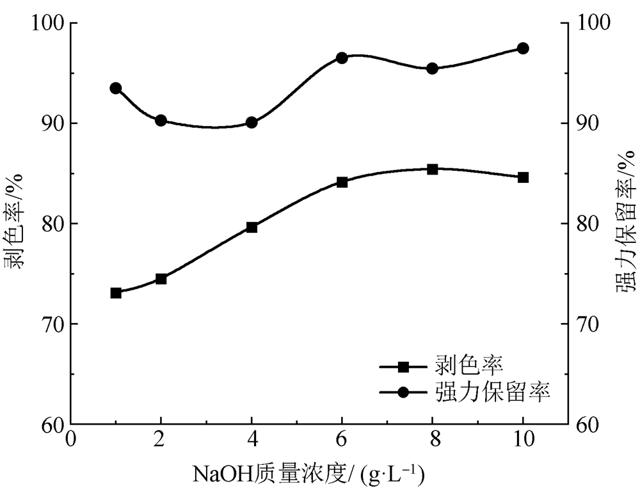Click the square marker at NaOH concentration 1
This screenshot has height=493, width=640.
116,293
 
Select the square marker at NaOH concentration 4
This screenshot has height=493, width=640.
252,227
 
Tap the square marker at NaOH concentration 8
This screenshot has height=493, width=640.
433,169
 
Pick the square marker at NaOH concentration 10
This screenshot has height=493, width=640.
523,177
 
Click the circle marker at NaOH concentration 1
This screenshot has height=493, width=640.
116,88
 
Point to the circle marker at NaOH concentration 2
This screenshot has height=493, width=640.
161,120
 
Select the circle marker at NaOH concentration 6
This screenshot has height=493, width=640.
342,58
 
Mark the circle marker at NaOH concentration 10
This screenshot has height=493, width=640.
523,48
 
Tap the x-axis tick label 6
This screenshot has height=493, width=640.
342,441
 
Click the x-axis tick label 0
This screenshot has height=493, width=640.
70,441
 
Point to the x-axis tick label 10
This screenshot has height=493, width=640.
523,441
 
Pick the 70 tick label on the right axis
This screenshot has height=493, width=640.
589,324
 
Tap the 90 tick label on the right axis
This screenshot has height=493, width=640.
589,123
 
